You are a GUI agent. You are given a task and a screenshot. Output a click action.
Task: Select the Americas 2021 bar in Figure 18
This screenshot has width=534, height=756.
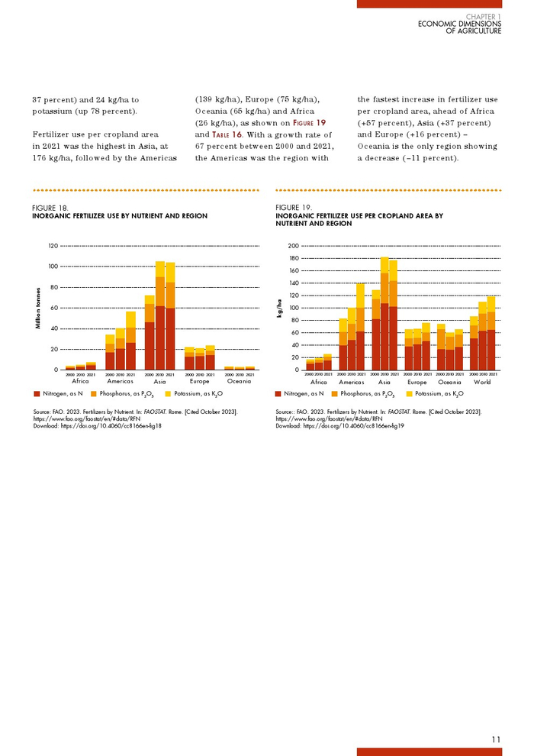pyautogui.click(x=130, y=344)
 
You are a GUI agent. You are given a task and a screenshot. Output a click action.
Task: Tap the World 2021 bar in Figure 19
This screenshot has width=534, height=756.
pyautogui.click(x=491, y=336)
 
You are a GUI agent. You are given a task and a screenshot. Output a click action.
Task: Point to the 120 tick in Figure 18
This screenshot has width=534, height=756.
pyautogui.click(x=53, y=246)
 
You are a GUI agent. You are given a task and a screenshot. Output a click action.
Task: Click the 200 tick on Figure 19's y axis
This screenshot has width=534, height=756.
pyautogui.click(x=294, y=246)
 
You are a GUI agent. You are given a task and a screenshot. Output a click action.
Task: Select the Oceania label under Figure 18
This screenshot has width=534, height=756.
pyautogui.click(x=240, y=381)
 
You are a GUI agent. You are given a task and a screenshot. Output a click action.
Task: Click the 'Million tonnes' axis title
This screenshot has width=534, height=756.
pyautogui.click(x=37, y=308)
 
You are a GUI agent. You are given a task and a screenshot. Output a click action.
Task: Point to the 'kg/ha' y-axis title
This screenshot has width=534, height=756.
pyautogui.click(x=280, y=308)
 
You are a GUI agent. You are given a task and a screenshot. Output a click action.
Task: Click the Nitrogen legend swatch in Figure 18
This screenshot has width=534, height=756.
pyautogui.click(x=37, y=394)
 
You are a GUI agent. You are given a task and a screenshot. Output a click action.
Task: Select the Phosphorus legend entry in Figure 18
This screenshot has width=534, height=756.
pyautogui.click(x=127, y=394)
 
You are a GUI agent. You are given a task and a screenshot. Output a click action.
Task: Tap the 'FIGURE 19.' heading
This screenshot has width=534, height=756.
pyautogui.click(x=293, y=208)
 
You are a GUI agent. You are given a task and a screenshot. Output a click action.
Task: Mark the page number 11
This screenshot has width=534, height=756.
pyautogui.click(x=496, y=739)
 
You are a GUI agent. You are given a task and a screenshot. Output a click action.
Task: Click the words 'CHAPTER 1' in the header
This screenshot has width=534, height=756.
pyautogui.click(x=484, y=16)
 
